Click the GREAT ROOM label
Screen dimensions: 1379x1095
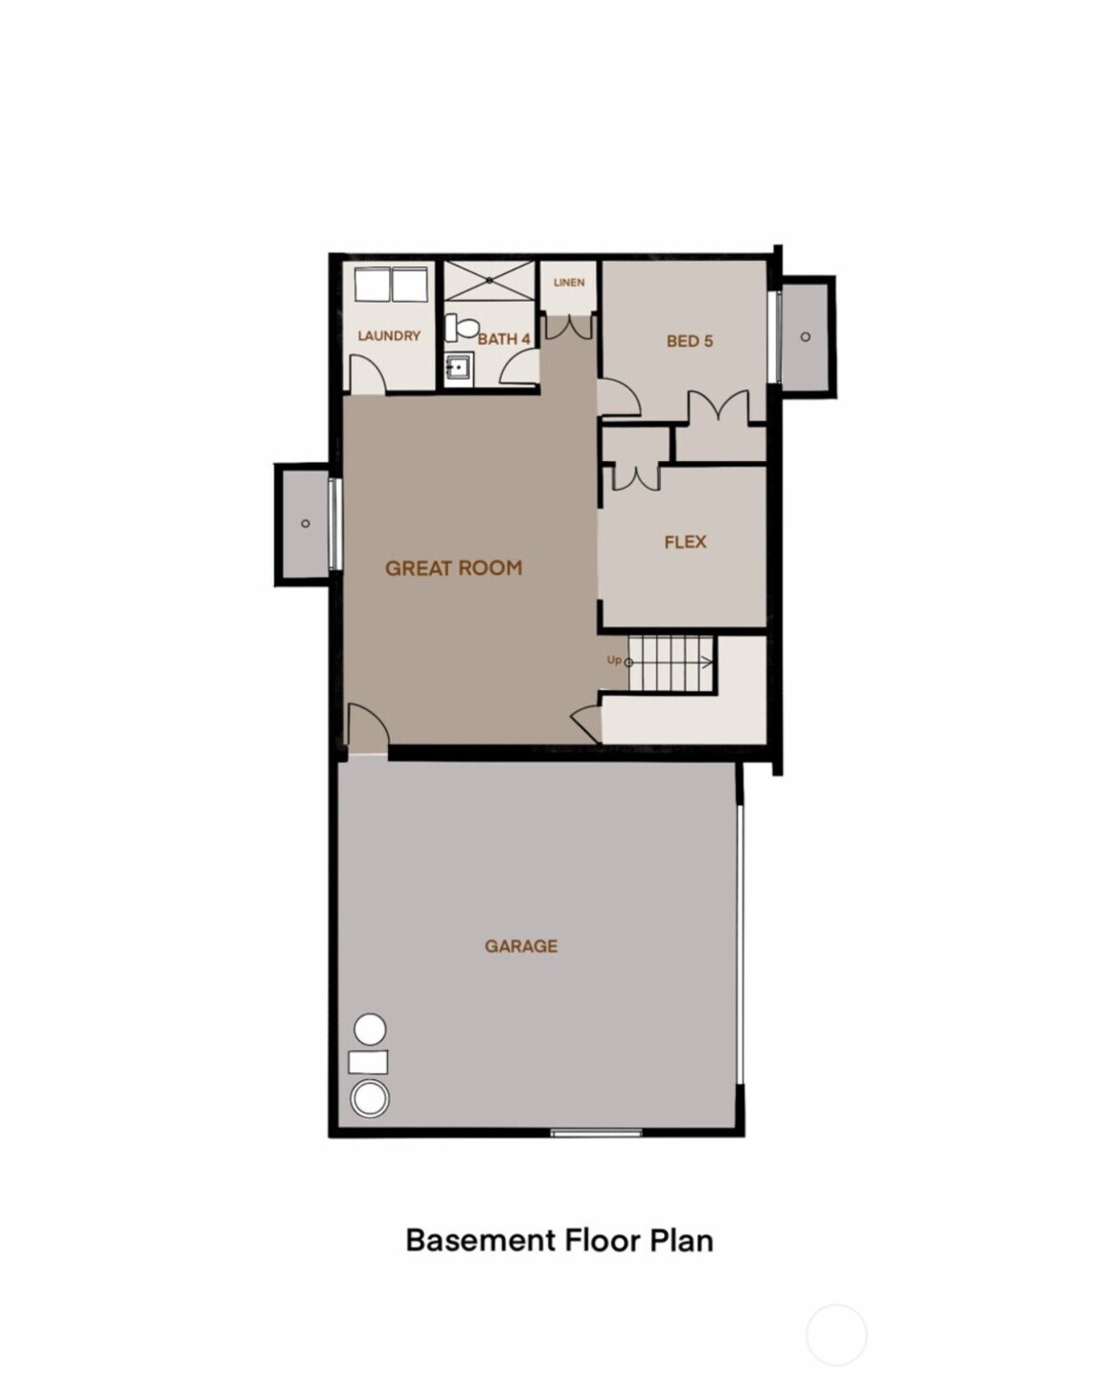[x=453, y=567]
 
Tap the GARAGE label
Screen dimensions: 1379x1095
[x=520, y=946]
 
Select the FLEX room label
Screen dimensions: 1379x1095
[x=685, y=541]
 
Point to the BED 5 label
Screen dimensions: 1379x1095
[x=690, y=340]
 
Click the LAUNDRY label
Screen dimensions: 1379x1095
[x=389, y=335]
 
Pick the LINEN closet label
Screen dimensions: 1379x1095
[x=569, y=282]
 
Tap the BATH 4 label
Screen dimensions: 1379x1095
[x=504, y=338]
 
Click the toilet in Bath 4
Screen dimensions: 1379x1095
[x=465, y=327]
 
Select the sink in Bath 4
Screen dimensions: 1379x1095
[x=459, y=366]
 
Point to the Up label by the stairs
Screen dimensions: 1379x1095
[x=614, y=659]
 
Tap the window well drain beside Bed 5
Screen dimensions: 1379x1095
[x=805, y=336]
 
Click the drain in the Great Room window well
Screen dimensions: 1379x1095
[x=305, y=522]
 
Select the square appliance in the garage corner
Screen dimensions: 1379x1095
[x=368, y=1062]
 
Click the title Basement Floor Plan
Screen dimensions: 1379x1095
[x=559, y=1239]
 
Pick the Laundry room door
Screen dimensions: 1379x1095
[x=367, y=374]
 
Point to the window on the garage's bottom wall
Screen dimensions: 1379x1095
[x=596, y=1134]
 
